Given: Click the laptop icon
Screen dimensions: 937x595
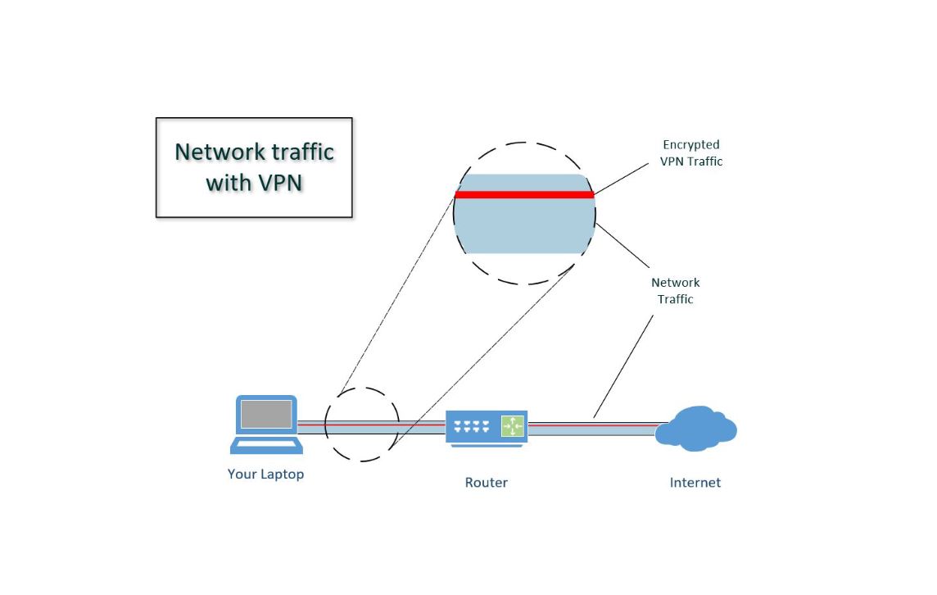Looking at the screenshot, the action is click(266, 424).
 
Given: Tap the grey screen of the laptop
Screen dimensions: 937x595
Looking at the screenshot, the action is click(266, 414).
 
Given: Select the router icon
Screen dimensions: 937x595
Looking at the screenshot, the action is click(487, 428).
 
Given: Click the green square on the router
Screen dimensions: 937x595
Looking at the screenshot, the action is click(512, 426).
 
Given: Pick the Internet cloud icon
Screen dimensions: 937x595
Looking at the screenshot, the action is click(695, 428).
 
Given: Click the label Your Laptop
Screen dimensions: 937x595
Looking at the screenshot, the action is click(266, 475).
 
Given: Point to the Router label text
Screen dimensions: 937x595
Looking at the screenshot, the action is click(487, 483).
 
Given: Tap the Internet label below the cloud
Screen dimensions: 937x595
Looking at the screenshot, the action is click(695, 483).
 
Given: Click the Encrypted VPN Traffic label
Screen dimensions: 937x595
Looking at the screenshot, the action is click(691, 153).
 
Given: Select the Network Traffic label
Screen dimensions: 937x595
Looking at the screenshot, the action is click(675, 291).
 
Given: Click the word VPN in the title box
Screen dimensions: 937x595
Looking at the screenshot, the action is click(279, 183).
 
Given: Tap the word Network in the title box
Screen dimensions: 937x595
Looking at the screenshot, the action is click(220, 152).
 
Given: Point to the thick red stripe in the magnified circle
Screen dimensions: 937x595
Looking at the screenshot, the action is click(524, 194).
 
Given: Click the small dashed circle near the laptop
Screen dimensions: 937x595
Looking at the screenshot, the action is click(325, 425).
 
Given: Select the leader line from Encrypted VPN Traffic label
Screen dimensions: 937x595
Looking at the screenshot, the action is click(622, 179).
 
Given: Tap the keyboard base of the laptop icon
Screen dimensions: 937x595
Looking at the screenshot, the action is click(266, 446).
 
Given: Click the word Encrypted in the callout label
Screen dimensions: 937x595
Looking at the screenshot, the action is click(690, 145).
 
